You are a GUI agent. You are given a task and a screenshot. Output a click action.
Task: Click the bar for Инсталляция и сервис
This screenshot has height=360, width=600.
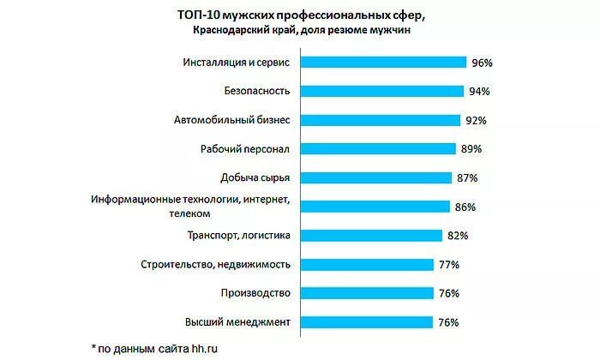click(x=385, y=63)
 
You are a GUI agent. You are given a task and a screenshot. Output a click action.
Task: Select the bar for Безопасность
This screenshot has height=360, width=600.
click(x=383, y=91)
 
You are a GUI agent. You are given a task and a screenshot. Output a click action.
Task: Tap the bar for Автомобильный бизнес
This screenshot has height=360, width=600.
click(x=381, y=120)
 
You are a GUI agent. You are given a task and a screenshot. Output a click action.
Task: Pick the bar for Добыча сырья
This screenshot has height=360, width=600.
click(x=378, y=177)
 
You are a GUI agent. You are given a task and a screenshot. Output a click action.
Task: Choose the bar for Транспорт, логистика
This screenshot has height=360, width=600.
click(x=374, y=235)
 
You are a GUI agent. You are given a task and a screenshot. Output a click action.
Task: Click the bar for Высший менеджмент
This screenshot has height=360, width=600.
click(x=369, y=321)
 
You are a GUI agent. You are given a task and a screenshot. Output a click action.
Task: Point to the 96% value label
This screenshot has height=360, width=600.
click(x=482, y=63)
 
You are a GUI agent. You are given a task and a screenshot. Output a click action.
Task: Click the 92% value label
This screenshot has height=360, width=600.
click(x=476, y=121)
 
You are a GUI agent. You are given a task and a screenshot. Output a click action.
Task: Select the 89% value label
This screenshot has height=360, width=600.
click(x=471, y=149)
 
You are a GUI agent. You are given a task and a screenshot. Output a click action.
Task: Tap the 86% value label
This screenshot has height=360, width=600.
click(x=465, y=207)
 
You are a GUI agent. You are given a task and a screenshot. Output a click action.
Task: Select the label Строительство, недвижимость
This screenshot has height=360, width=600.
click(x=220, y=264)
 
